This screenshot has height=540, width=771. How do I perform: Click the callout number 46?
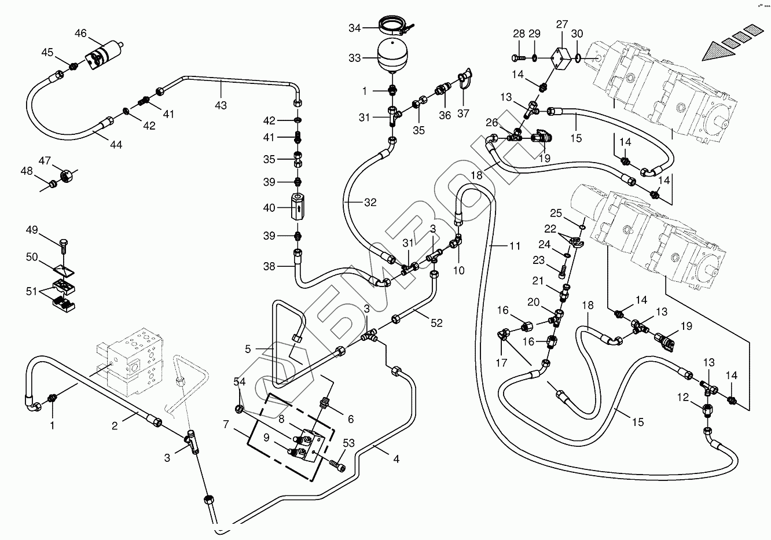80,34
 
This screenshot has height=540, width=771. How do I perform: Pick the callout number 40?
269,208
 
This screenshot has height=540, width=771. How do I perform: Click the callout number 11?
515,246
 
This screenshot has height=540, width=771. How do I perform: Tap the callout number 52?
436,323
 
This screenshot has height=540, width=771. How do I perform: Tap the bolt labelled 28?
517,58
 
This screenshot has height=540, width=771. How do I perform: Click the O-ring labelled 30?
578,57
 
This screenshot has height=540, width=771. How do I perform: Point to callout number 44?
116,145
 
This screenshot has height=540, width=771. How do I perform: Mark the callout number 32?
370,203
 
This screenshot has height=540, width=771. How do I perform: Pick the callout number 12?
684,397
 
